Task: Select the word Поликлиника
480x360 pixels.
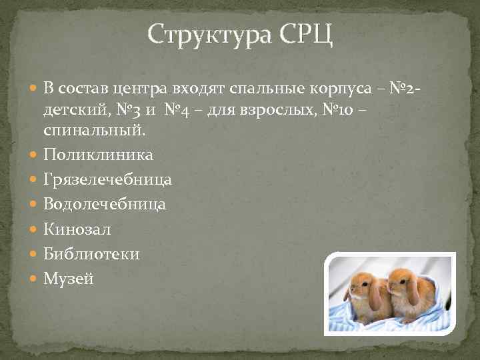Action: click(x=98, y=155)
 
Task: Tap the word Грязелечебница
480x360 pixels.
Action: click(x=107, y=179)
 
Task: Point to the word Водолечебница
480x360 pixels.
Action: click(x=105, y=204)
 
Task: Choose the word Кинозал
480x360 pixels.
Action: click(x=77, y=229)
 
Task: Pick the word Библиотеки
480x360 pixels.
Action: click(x=91, y=254)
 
